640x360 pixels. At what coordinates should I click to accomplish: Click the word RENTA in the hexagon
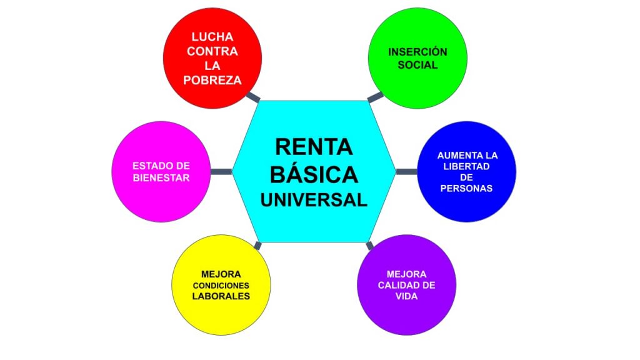(x=314, y=146)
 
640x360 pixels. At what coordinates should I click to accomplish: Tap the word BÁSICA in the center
(x=314, y=173)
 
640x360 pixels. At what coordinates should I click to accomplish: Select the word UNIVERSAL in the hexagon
(x=314, y=199)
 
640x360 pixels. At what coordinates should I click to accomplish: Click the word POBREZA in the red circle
(x=212, y=81)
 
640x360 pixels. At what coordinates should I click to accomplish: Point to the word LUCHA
(x=212, y=37)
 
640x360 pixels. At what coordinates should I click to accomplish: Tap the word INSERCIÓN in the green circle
(x=417, y=52)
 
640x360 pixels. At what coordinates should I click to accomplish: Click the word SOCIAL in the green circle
(x=417, y=65)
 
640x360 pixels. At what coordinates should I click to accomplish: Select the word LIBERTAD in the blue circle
(x=467, y=166)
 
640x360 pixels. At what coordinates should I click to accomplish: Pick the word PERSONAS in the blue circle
(x=467, y=188)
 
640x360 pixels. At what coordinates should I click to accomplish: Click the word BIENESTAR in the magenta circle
(x=161, y=177)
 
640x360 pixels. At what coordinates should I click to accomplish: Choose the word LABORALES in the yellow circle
(x=221, y=296)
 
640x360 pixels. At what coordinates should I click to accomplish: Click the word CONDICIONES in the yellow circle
(x=221, y=286)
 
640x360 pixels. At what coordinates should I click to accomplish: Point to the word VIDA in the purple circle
(x=406, y=296)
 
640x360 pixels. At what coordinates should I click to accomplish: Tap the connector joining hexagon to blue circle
(x=406, y=172)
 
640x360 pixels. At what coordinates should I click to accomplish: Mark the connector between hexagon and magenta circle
(x=221, y=172)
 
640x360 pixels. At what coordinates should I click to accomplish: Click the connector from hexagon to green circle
(x=374, y=97)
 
